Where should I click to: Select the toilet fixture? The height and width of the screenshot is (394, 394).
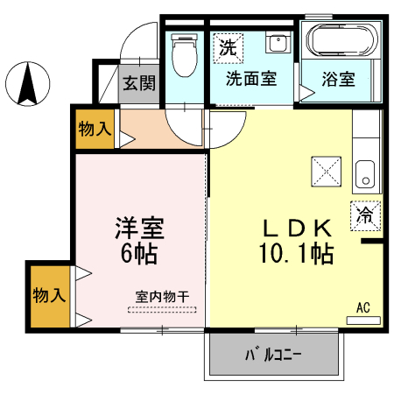click(x=184, y=57)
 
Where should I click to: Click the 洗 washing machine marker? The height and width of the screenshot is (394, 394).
click(x=228, y=47)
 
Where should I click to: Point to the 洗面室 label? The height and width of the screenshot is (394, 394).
click(x=251, y=79)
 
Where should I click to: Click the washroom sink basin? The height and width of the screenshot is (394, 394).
click(x=278, y=44)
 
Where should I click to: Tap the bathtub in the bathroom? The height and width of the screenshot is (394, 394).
click(x=340, y=40)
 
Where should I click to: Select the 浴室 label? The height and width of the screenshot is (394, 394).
click(x=340, y=79)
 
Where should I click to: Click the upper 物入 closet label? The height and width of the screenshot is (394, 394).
click(x=95, y=130)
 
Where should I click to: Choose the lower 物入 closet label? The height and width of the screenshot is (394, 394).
click(x=49, y=294)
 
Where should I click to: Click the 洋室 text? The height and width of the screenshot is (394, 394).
click(x=139, y=229)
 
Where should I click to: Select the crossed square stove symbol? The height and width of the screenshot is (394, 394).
click(x=327, y=171)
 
